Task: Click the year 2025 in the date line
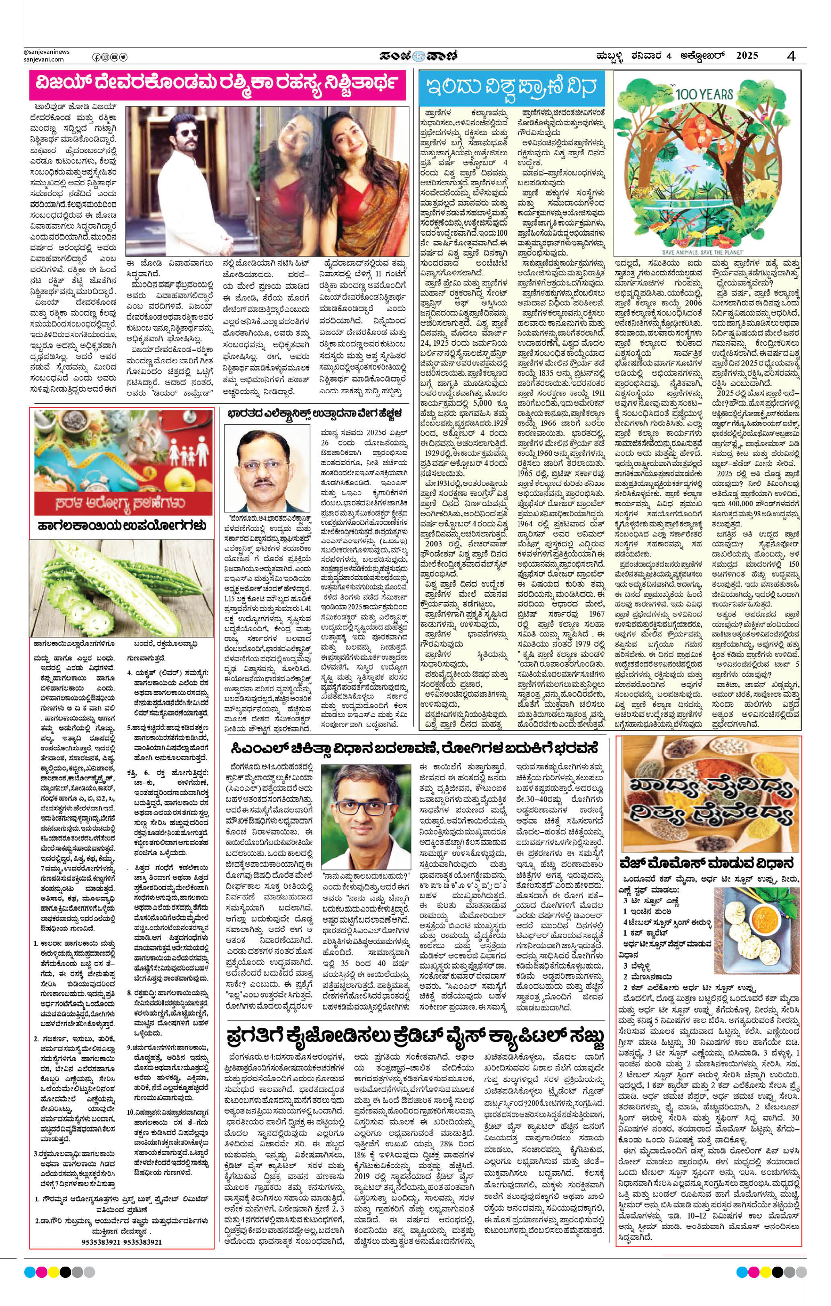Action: coord(747,55)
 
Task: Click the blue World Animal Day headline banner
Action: coord(513,87)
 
